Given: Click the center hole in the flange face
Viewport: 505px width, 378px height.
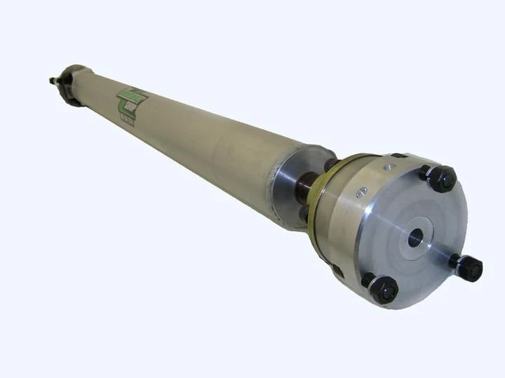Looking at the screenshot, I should [x=416, y=238].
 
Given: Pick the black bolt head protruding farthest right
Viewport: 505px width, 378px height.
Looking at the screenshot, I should [x=469, y=267].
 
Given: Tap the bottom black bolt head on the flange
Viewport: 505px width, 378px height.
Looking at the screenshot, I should [x=384, y=288].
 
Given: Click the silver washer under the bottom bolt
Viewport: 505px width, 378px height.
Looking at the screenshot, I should [x=369, y=281].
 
